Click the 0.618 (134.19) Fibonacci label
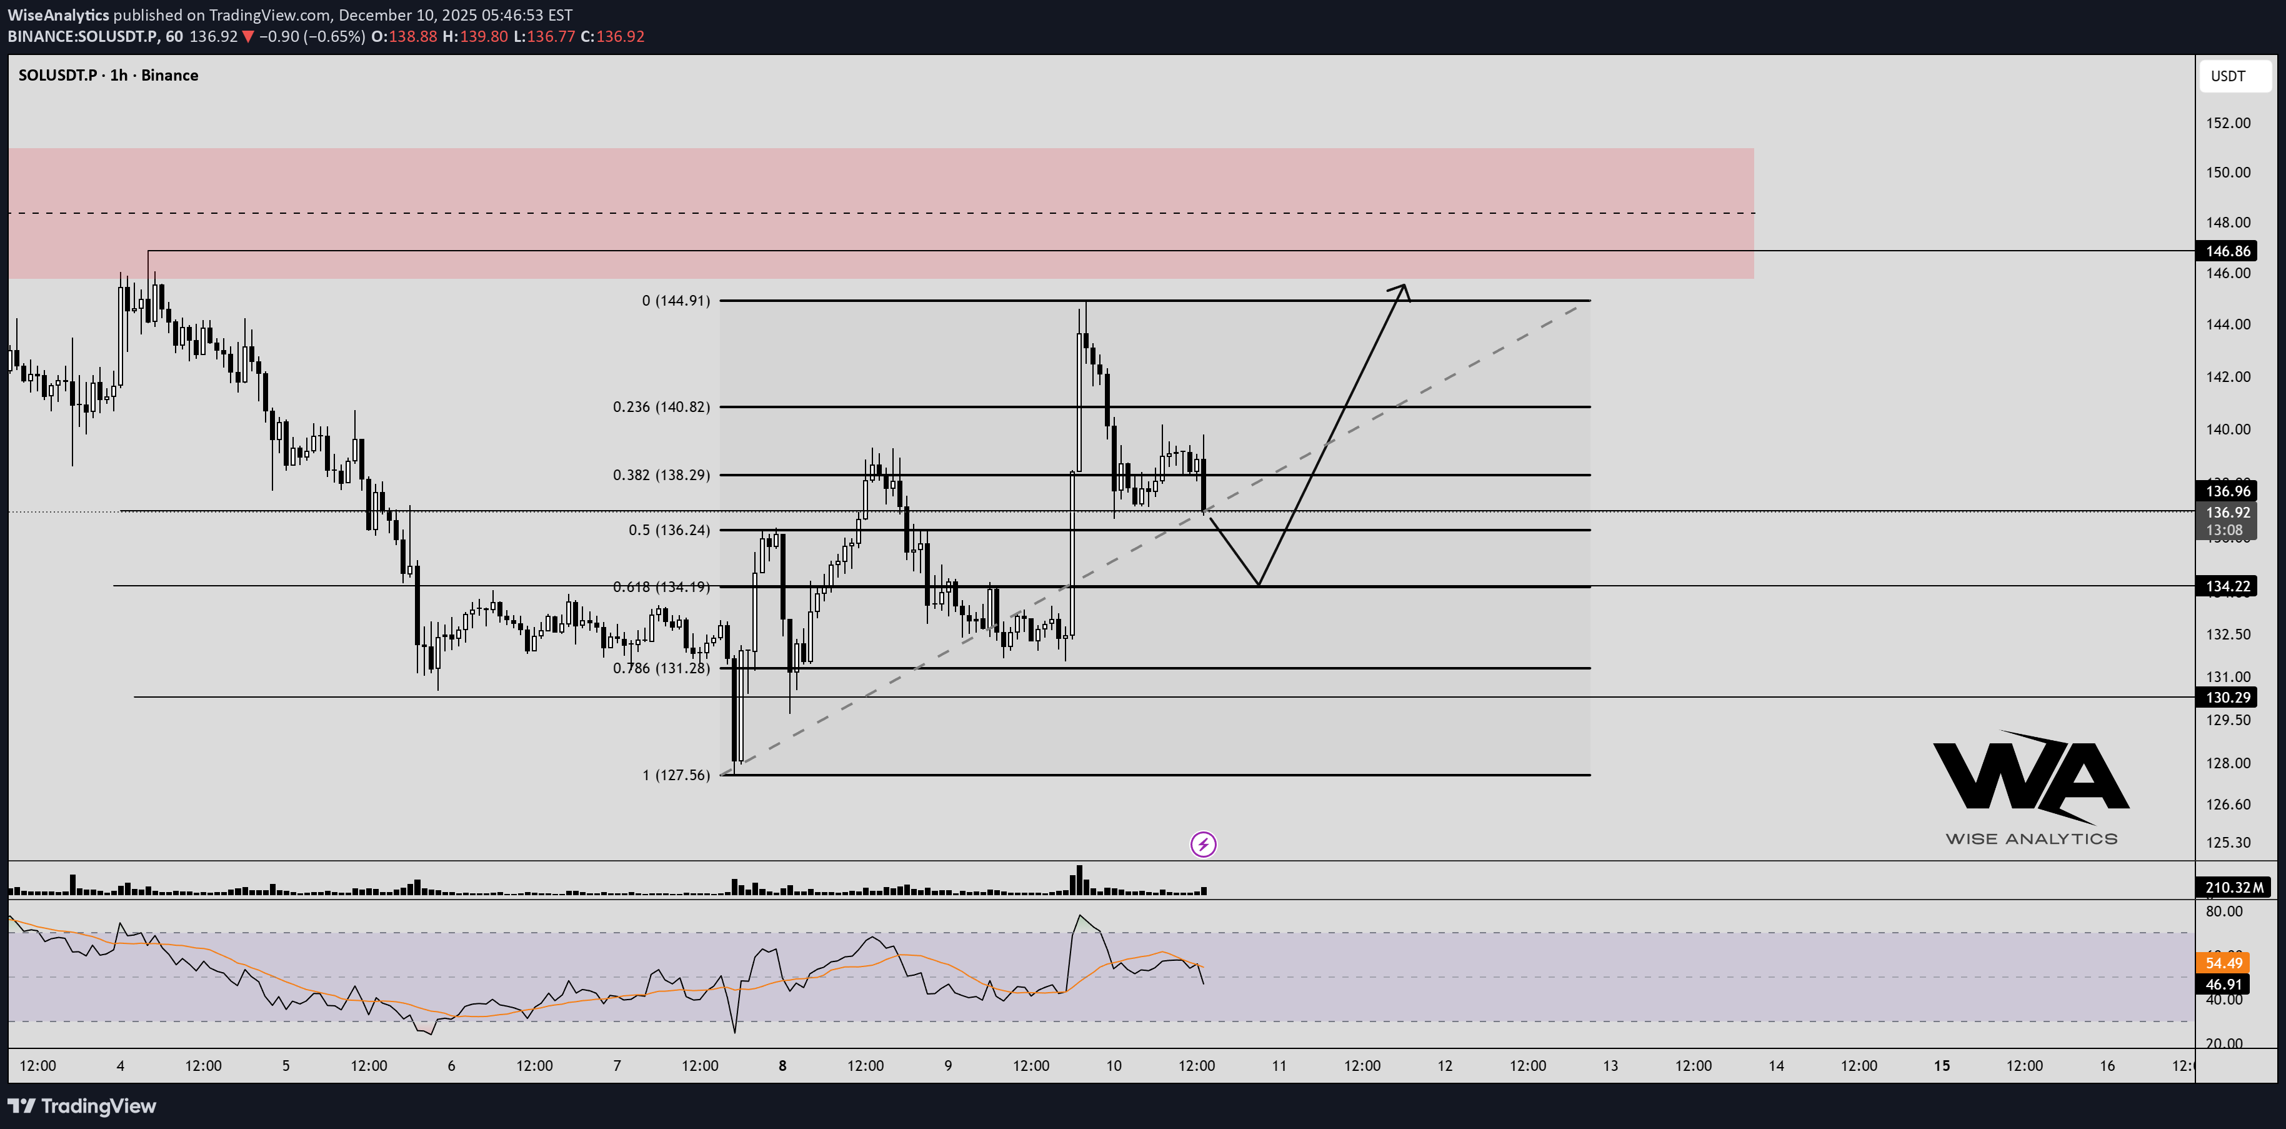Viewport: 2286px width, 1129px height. [x=661, y=586]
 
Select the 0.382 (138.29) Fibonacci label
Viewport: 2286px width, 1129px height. [x=661, y=475]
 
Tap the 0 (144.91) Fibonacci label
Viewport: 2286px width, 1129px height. [x=676, y=301]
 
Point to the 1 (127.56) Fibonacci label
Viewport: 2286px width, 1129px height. [x=676, y=775]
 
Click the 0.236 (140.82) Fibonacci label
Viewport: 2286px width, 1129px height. [x=661, y=406]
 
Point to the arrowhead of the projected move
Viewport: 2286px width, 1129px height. [x=1402, y=288]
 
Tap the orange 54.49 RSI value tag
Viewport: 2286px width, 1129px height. [x=2223, y=963]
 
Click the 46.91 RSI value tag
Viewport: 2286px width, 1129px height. [x=2223, y=985]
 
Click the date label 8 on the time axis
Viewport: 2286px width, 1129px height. [x=782, y=1066]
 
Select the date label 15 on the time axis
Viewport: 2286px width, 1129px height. [x=1942, y=1066]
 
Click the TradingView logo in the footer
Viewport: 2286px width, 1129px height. [x=82, y=1106]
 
